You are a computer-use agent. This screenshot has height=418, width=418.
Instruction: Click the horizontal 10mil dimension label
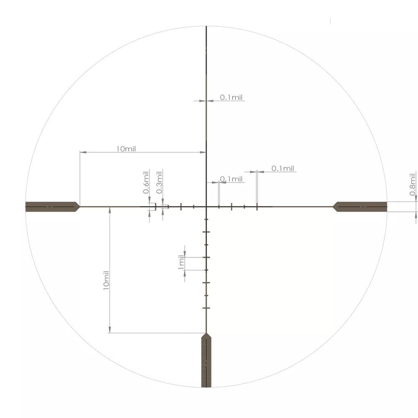(x=126, y=149)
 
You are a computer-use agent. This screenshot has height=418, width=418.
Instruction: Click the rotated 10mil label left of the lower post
(x=106, y=280)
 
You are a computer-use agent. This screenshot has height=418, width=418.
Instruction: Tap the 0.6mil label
(x=146, y=182)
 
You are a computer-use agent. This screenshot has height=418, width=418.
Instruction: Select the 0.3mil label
(x=159, y=182)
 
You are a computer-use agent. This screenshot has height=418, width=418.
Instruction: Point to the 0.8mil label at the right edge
(x=413, y=184)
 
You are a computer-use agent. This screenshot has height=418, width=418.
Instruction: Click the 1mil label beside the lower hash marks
(x=181, y=263)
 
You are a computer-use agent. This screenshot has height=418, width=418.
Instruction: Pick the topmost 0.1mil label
(x=232, y=97)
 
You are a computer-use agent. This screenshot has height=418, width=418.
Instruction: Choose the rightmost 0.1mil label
(x=283, y=168)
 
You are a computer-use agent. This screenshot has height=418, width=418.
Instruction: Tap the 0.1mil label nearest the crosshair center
(x=232, y=179)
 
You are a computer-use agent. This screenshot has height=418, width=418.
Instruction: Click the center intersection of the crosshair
(x=206, y=206)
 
